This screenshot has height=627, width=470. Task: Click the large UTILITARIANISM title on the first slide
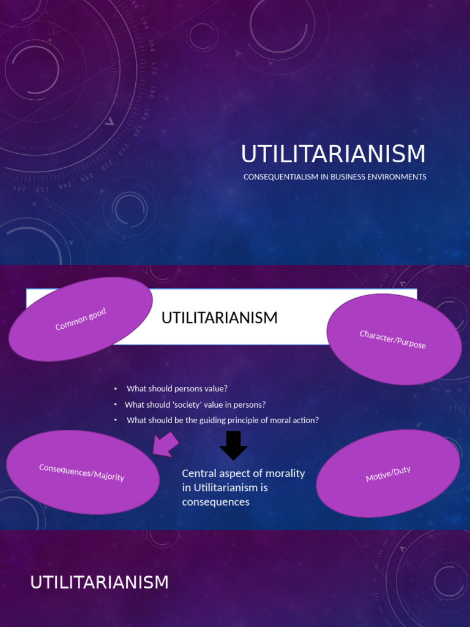click(333, 154)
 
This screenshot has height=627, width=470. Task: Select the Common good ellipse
click(80, 319)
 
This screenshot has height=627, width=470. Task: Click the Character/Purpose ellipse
click(394, 339)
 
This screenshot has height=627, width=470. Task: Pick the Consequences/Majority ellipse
click(82, 471)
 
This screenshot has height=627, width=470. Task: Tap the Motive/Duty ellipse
click(388, 473)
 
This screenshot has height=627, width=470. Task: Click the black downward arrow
click(233, 445)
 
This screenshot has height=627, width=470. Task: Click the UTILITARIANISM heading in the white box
click(219, 318)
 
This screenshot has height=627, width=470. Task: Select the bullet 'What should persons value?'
click(177, 389)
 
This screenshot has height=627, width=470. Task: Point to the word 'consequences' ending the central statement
click(215, 502)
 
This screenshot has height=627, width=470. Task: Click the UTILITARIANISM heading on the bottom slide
click(99, 582)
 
